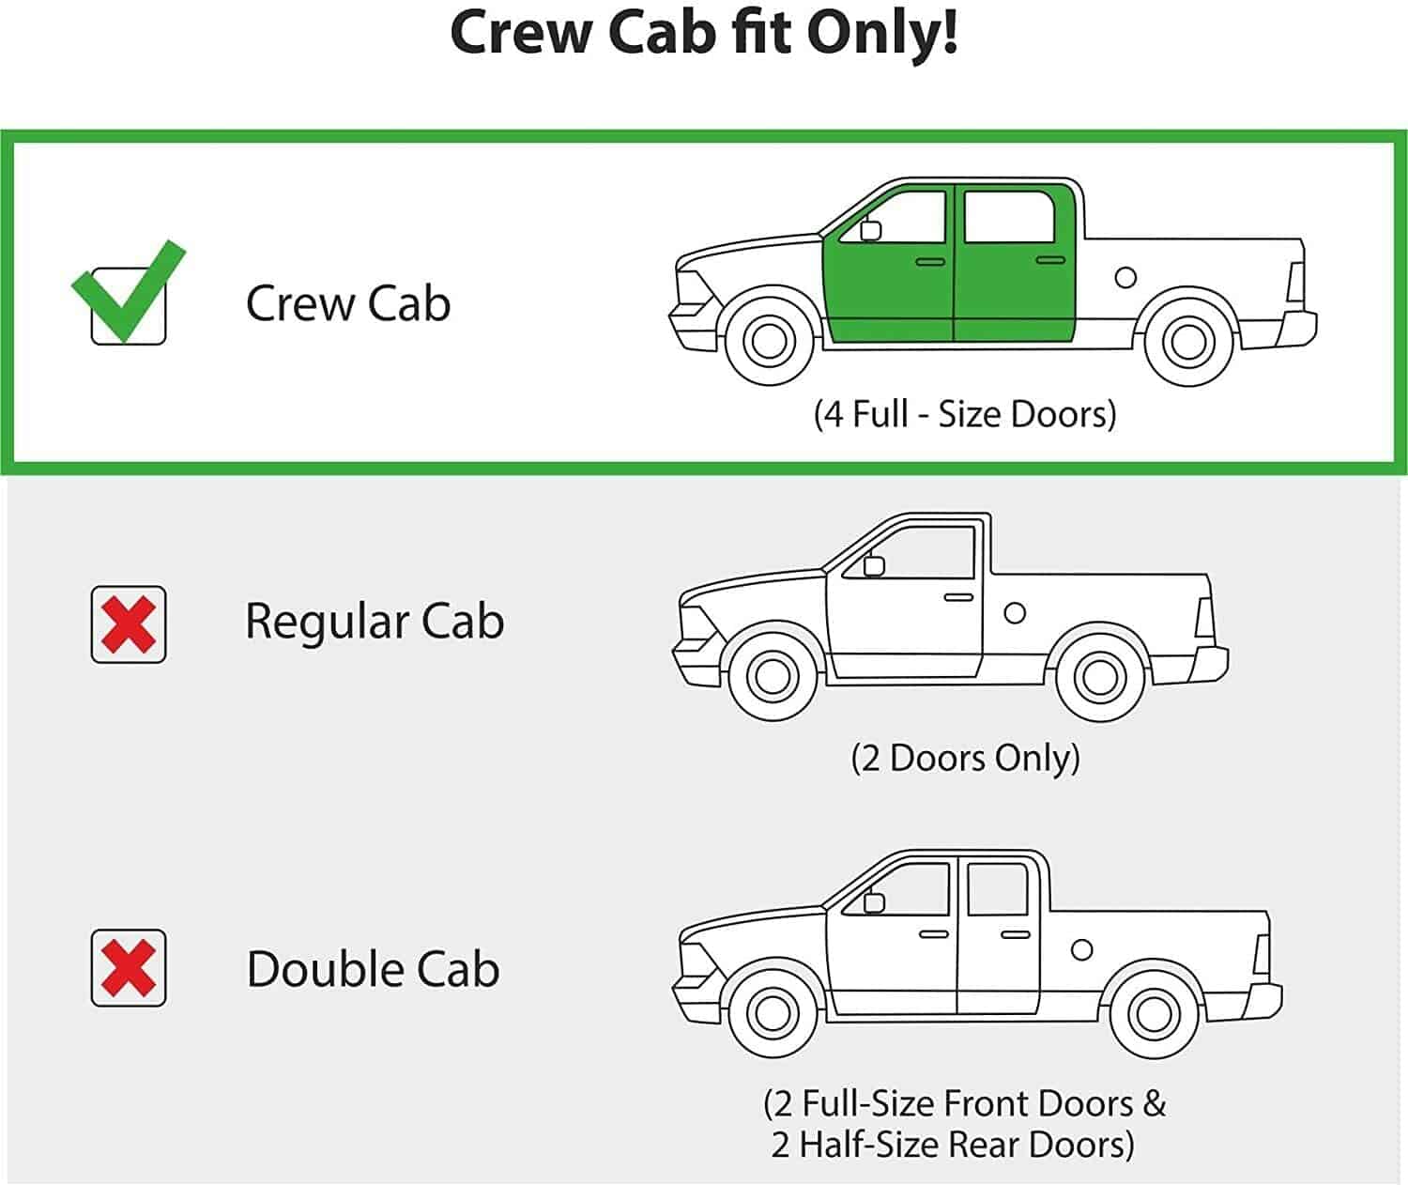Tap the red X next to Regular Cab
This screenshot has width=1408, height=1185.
tap(129, 624)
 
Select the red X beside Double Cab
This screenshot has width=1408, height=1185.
tap(129, 968)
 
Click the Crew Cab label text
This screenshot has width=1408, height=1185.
tap(348, 303)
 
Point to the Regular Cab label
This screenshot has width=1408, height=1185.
tap(375, 621)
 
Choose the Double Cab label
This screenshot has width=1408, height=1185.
tap(373, 969)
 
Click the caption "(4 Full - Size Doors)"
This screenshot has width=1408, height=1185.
tap(965, 413)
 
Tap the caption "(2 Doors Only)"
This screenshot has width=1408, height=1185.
tap(965, 758)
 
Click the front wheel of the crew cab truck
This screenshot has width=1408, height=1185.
tap(770, 341)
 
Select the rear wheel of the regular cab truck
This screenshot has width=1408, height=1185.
tap(1100, 676)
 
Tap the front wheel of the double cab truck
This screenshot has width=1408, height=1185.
tap(772, 1012)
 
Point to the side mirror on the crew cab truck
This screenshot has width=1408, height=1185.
tap(871, 229)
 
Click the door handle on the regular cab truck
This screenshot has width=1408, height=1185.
tap(958, 597)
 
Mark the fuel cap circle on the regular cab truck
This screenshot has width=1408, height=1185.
tap(1015, 613)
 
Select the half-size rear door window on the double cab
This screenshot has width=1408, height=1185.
tap(997, 889)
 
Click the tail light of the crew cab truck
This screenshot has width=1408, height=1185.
tap(1295, 282)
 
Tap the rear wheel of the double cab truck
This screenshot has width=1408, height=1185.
tap(1153, 1014)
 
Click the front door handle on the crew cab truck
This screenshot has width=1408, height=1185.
tap(930, 261)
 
